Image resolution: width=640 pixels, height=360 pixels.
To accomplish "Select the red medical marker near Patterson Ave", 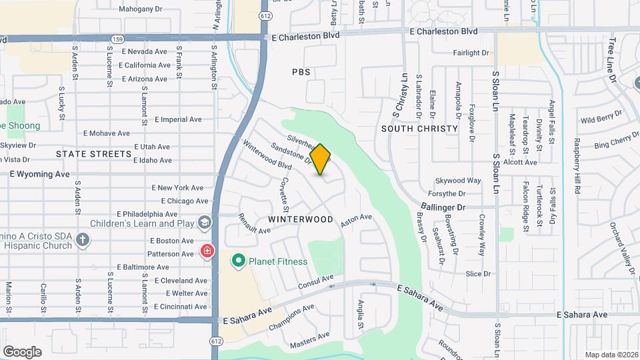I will coord(207,251).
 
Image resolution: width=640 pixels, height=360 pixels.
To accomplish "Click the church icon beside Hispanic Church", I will coord(83,240).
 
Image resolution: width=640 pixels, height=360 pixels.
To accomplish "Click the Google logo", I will coord(22,351).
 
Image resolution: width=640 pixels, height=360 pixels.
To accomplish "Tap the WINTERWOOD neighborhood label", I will coord(301,219).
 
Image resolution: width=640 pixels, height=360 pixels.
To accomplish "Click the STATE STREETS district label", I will coord(94,154).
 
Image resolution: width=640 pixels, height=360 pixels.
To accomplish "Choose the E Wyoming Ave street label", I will coord(39,174).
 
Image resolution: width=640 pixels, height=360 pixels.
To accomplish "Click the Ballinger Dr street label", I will coord(443,207).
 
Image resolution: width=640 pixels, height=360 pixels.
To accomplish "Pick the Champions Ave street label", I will coord(291,317).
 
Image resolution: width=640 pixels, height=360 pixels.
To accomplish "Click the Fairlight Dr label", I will coord(471,53).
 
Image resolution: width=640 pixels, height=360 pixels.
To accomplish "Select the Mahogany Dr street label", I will coord(140,9).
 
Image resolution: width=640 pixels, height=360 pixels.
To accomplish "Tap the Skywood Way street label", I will coord(458,181).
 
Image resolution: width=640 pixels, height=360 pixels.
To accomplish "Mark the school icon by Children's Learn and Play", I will coord(205,221).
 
